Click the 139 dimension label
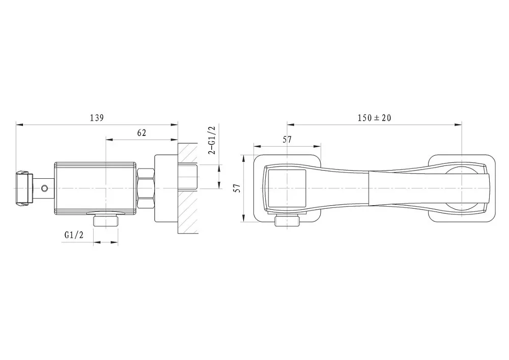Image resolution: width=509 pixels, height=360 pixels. click(97, 118)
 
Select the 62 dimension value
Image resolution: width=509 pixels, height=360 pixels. click(142, 133)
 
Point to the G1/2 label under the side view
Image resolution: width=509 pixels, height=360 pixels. click(74, 235)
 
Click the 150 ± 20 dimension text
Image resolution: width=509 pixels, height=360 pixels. click(374, 118)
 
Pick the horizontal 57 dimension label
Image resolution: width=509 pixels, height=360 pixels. click(287, 139)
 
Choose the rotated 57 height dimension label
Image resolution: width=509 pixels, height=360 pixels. click(238, 188)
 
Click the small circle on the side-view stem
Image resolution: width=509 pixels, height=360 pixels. click(44, 188)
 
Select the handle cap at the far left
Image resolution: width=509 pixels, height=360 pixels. click(23, 188)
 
